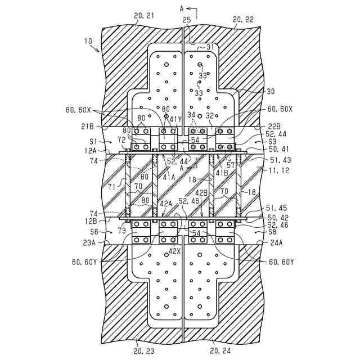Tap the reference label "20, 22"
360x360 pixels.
coord(243,19)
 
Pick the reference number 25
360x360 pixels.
coord(187,20)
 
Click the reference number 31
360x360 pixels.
coord(211,47)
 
